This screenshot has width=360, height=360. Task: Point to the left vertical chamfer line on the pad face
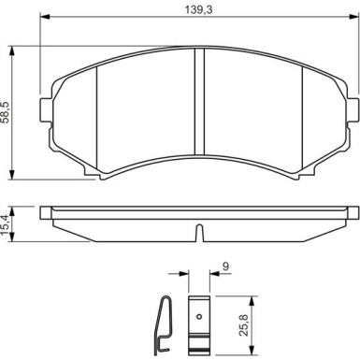pyautogui.click(x=100, y=108)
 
